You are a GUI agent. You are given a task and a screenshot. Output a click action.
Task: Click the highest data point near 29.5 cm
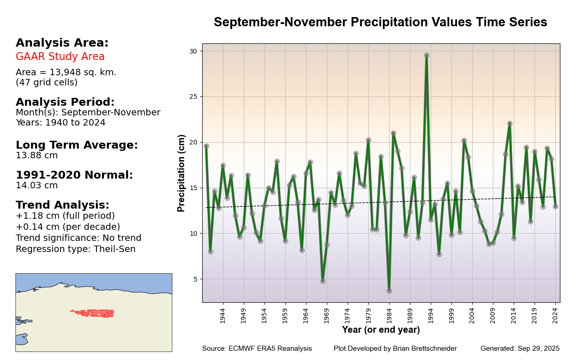tap(427, 55)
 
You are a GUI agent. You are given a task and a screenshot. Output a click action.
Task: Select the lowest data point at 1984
tap(389, 291)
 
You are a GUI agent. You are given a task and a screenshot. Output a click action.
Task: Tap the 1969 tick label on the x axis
tap(327, 316)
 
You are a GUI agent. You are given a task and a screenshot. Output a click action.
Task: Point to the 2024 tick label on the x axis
tap(555, 316)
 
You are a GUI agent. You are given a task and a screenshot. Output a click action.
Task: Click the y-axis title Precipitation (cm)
tap(181, 173)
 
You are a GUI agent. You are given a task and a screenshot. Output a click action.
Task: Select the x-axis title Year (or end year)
tap(381, 330)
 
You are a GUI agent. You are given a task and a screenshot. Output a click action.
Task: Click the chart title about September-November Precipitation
tap(380, 23)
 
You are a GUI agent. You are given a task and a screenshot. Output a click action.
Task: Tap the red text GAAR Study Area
tap(60, 57)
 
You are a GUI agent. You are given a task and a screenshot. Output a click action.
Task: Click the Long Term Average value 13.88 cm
tap(37, 156)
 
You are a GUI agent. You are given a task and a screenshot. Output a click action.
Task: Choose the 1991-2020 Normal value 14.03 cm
tap(37, 186)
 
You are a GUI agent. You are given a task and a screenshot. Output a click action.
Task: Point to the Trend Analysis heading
tap(62, 205)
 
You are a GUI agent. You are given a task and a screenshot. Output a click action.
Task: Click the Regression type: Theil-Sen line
tap(76, 249)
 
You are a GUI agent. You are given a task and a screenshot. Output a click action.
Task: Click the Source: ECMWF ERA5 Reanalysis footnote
tap(257, 349)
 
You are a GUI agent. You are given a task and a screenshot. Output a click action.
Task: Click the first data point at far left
tap(206, 146)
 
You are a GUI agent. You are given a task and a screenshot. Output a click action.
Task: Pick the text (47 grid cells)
tap(47, 83)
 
